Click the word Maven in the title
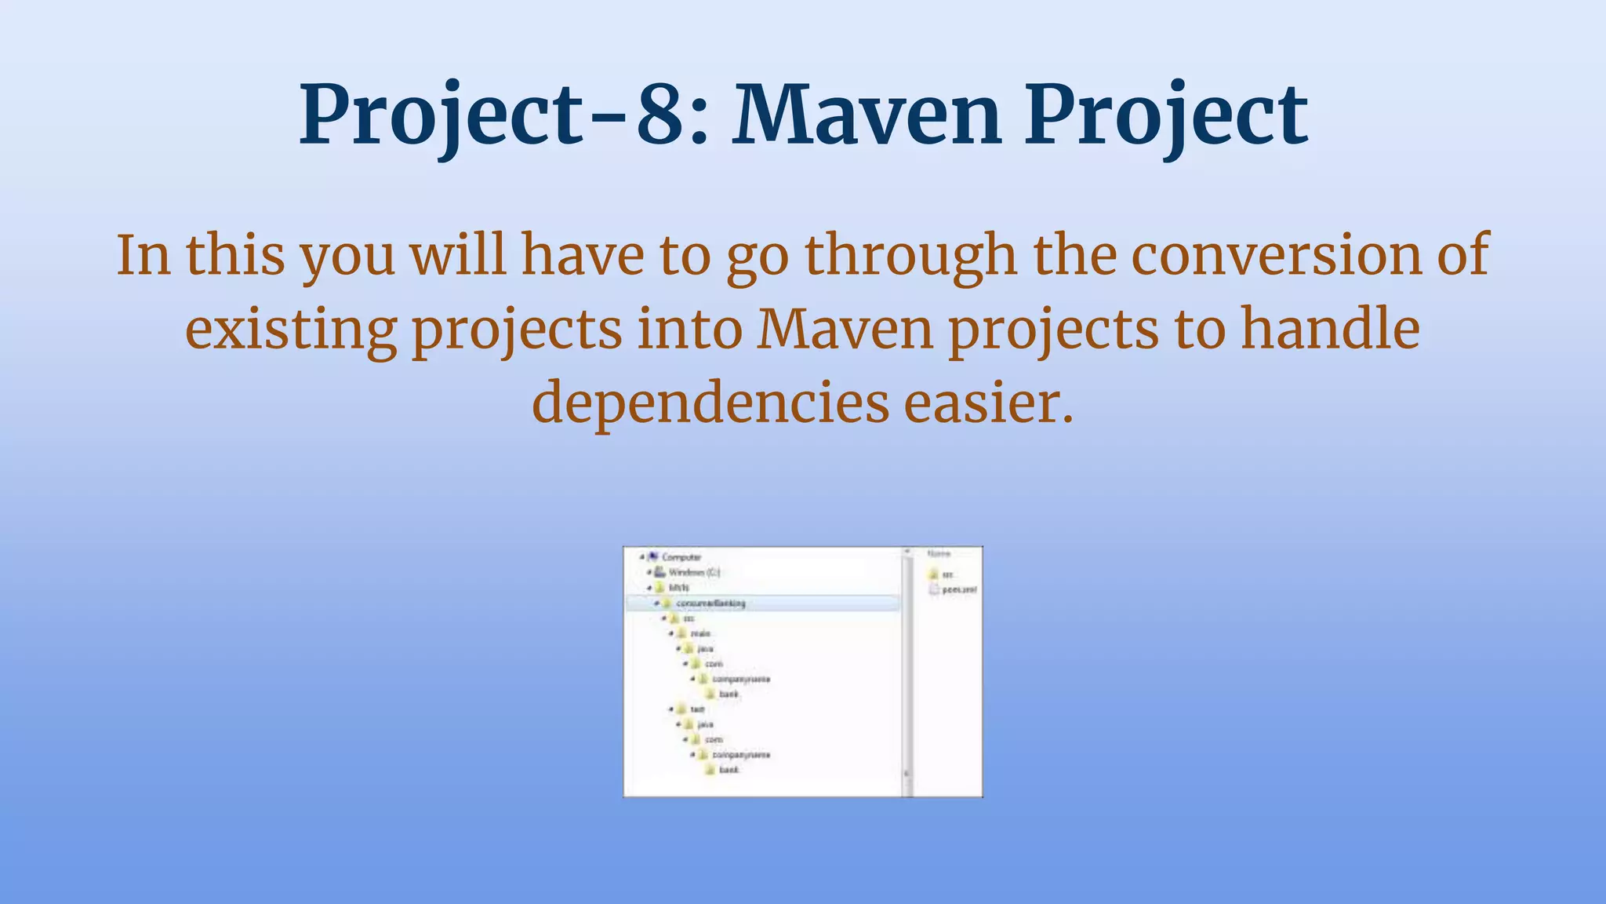click(867, 116)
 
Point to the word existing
click(291, 330)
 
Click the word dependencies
click(710, 403)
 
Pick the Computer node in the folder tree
click(680, 557)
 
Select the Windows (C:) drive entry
click(693, 572)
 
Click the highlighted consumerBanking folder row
click(710, 603)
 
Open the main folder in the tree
click(699, 633)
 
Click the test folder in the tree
click(696, 709)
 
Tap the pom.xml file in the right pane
click(958, 589)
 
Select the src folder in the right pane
click(947, 574)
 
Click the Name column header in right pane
click(938, 554)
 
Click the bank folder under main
click(729, 694)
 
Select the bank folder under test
click(729, 770)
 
